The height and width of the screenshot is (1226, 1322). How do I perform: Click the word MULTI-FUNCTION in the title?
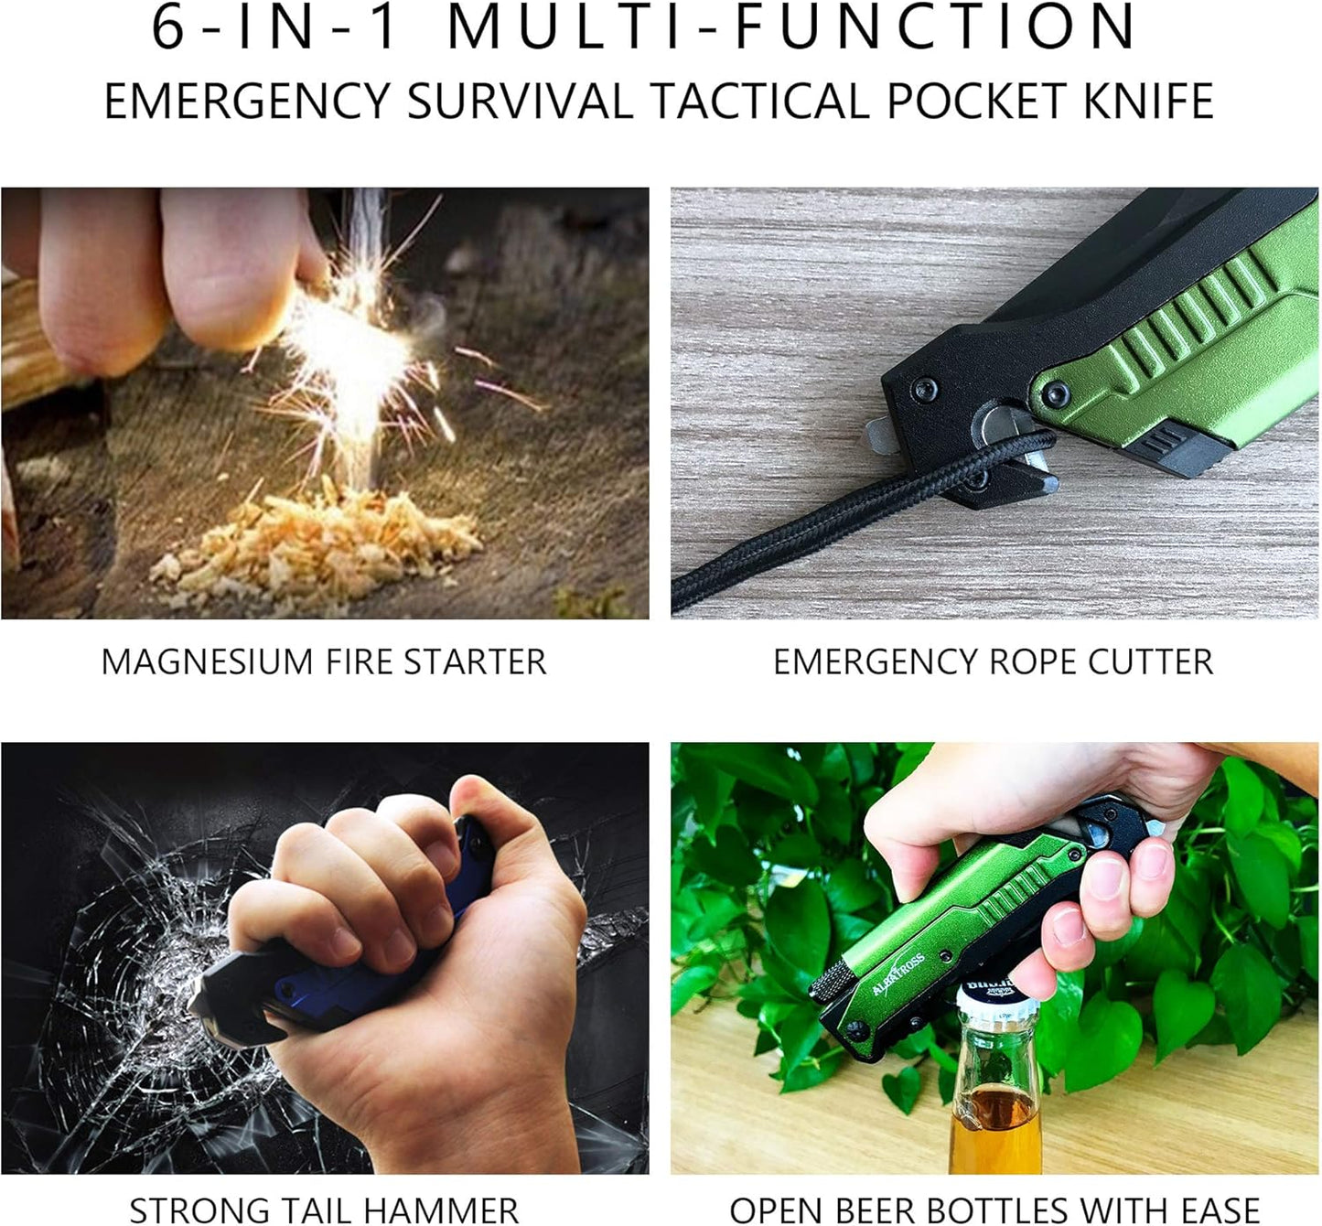click(792, 27)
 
